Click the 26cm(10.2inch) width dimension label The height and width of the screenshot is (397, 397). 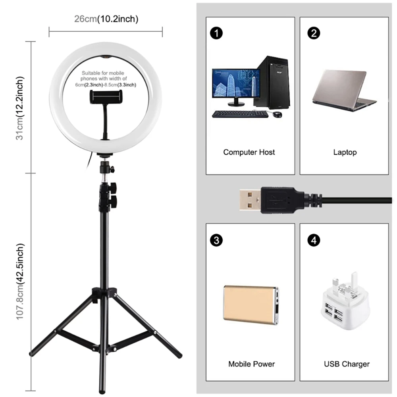(106, 19)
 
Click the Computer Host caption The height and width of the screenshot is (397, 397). (249, 152)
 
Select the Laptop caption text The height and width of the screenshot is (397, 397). (345, 152)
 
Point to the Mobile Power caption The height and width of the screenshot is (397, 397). (251, 364)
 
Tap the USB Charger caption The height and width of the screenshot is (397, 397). (347, 364)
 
